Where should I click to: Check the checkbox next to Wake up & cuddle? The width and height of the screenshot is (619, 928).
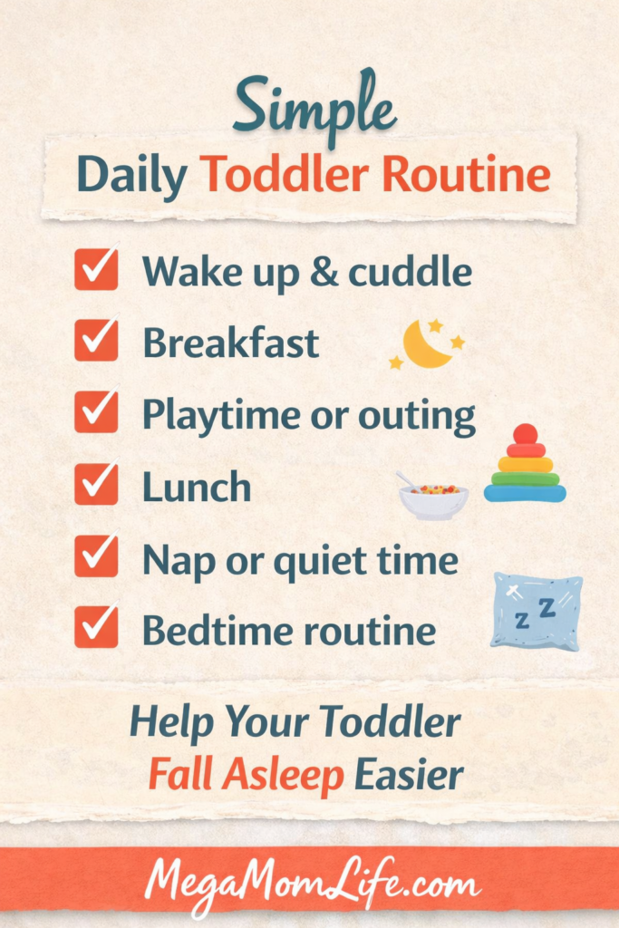tap(96, 269)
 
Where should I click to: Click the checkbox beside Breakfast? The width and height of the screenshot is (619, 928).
tap(96, 341)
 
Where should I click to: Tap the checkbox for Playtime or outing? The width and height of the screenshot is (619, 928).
tap(96, 412)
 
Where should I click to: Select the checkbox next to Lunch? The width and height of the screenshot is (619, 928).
tap(96, 485)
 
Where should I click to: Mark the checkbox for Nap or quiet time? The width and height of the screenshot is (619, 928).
tap(96, 556)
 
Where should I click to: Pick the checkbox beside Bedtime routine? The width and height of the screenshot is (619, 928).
tap(96, 628)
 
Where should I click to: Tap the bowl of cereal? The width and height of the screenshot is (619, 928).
tap(433, 499)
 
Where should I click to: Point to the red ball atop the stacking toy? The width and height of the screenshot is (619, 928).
tap(525, 434)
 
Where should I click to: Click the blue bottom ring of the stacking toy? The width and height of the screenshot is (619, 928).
tap(525, 493)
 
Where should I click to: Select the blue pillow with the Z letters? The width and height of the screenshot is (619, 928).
tap(537, 611)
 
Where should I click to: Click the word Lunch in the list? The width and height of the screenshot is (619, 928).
tap(197, 488)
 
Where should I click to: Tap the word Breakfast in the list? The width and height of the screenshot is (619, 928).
tap(230, 343)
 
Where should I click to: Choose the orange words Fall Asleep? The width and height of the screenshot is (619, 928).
tap(246, 775)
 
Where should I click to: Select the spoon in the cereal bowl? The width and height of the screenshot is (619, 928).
tap(405, 478)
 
